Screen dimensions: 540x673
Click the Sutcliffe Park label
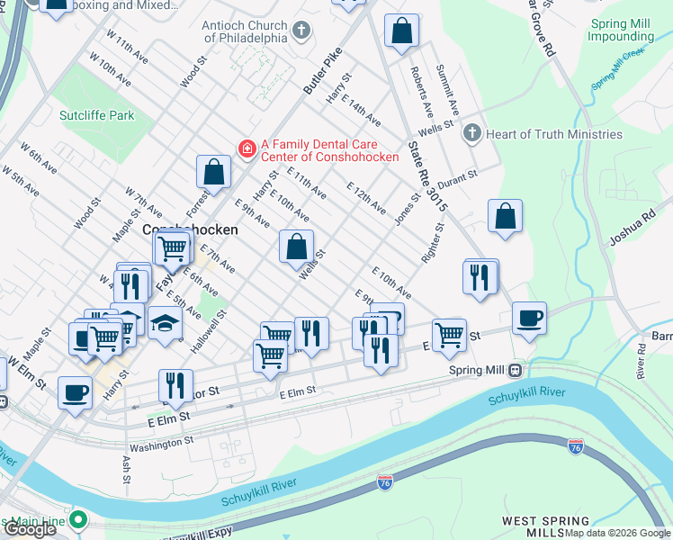(x=96, y=115)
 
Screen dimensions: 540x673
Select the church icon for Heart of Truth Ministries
(x=471, y=134)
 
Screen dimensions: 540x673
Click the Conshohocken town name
(x=191, y=229)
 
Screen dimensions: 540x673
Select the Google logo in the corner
(x=30, y=528)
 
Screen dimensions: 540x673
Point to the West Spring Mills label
(x=545, y=526)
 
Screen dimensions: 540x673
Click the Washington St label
(x=161, y=442)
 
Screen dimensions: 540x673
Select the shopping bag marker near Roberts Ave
(x=401, y=31)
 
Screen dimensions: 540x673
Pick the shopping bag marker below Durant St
(x=506, y=216)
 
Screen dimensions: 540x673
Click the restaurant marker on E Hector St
(x=175, y=385)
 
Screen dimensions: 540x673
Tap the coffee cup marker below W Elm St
(x=75, y=391)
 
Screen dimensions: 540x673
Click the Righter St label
(x=433, y=244)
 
